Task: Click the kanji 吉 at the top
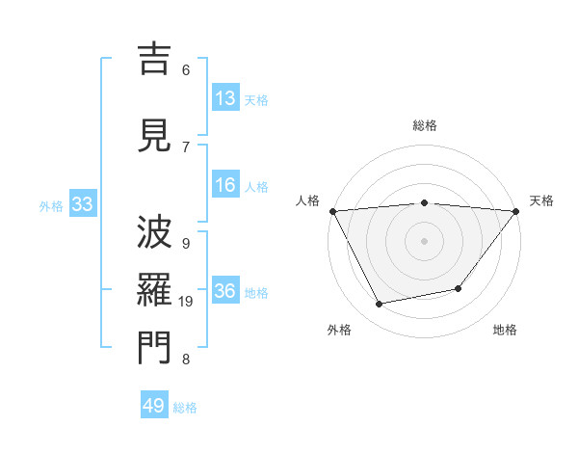(154, 60)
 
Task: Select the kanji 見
(154, 134)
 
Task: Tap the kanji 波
(154, 232)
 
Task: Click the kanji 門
(154, 348)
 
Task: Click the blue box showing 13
(225, 97)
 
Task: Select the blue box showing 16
(225, 185)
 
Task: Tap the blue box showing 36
(225, 291)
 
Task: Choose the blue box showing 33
(82, 204)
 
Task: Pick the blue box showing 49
(154, 406)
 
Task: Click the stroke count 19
(187, 302)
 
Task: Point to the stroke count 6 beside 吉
(186, 69)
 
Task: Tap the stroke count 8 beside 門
(186, 360)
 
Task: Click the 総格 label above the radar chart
(425, 125)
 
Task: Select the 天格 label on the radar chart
(542, 200)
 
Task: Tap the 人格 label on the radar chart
(308, 200)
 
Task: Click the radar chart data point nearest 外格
(380, 305)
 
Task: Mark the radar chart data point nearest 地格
(459, 288)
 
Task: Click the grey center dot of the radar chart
(425, 240)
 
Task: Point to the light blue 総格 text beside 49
(185, 408)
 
